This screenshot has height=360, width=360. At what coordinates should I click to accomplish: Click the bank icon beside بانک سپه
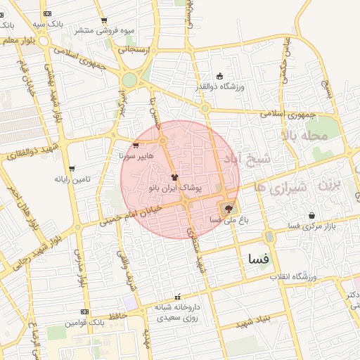(47, 13)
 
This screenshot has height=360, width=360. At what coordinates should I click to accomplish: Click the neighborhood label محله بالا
(304, 134)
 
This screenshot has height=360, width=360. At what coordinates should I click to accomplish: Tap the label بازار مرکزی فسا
(311, 225)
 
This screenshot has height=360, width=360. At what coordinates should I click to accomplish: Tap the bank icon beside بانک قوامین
(84, 311)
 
